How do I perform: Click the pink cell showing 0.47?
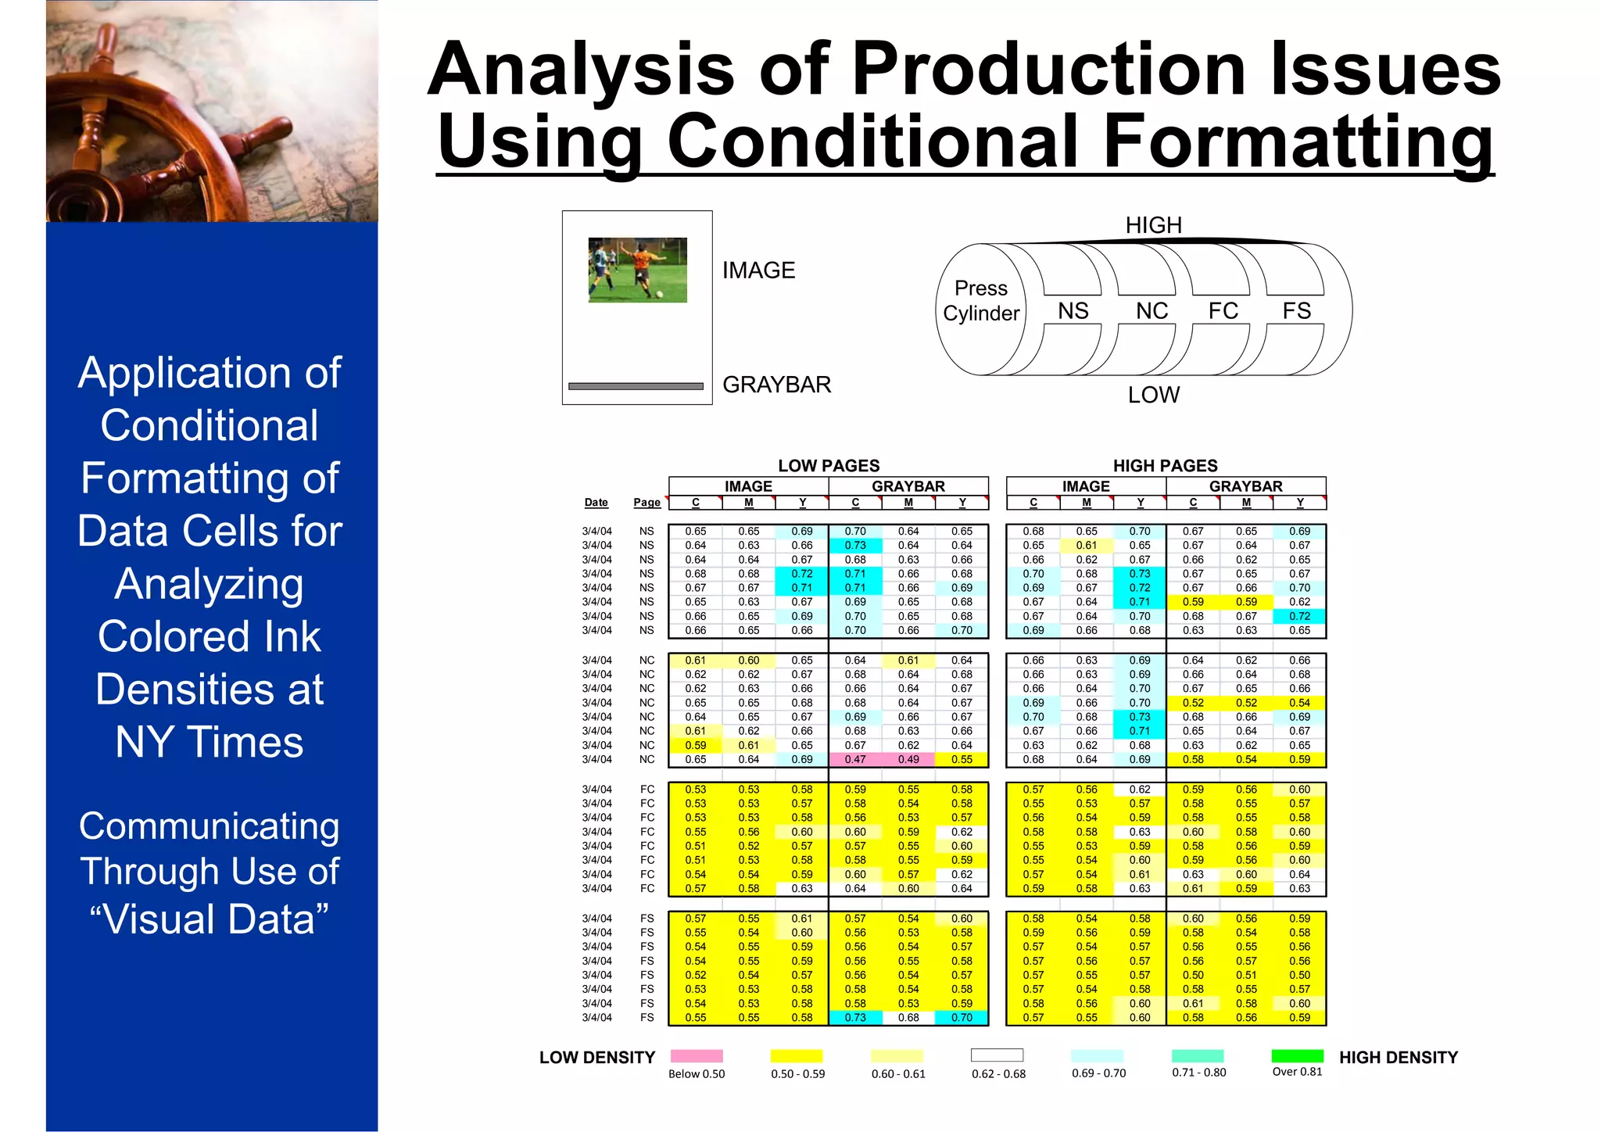coord(855,759)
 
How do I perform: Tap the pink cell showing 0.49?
coord(908,759)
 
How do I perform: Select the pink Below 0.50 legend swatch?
coord(697,1055)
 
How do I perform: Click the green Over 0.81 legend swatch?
coord(1298,1055)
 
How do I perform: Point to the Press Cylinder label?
coord(981,301)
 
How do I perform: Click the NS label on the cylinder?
coord(1073,311)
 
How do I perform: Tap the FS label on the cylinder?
coord(1296,311)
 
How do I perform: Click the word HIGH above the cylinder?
coord(1153,225)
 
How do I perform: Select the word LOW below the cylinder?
coord(1153,395)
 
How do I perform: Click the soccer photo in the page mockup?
coord(637,270)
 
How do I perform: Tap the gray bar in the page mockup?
coord(636,386)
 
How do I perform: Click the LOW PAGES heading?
coord(829,466)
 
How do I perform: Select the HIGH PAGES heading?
coord(1165,466)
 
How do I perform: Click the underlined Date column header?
coord(596,503)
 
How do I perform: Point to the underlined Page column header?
coord(646,503)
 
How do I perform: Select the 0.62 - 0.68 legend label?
coord(998,1073)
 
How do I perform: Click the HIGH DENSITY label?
coord(1398,1058)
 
